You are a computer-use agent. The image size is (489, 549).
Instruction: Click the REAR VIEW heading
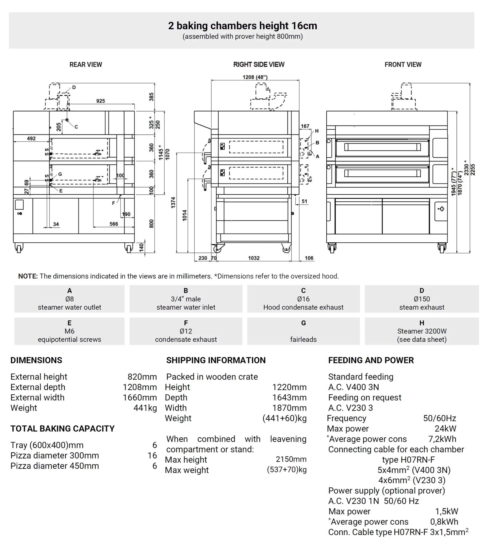86,65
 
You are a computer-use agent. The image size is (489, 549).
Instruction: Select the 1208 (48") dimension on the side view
255,77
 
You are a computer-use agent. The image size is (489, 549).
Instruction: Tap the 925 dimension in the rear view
100,101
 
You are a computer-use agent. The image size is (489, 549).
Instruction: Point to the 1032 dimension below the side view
254,258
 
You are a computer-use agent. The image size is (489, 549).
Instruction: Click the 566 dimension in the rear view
114,224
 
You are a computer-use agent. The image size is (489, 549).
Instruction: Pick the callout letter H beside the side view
317,131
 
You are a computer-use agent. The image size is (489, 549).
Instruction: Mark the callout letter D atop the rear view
74,87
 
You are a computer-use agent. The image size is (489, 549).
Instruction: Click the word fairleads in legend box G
303,339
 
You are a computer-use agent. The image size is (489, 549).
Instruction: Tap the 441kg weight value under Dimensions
145,408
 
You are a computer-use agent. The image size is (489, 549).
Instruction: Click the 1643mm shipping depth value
289,397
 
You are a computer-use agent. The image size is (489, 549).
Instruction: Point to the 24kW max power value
445,428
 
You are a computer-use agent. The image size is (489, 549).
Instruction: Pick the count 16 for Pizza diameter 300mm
152,455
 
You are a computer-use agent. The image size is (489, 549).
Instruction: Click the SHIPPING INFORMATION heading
216,360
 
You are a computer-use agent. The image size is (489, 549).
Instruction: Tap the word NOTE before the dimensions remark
28,276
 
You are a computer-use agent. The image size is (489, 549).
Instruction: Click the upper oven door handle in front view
382,147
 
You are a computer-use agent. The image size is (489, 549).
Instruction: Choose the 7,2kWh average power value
442,439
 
